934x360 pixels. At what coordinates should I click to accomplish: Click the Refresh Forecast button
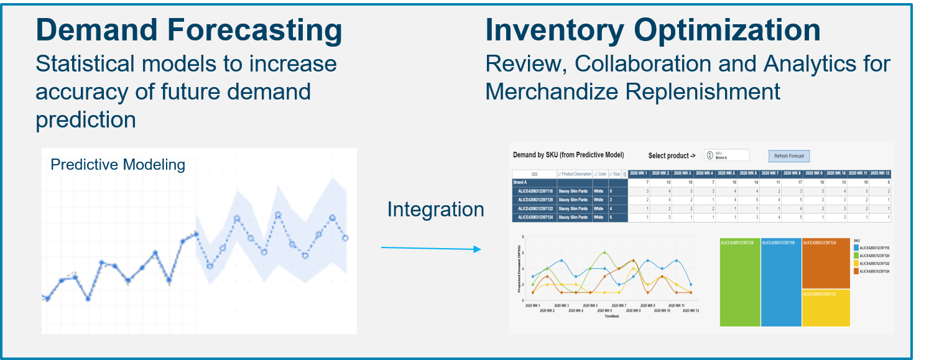tap(788, 156)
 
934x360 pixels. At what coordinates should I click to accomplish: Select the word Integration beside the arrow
tap(435, 210)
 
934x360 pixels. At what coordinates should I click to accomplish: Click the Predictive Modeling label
tap(118, 165)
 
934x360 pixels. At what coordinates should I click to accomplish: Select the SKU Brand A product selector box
tap(726, 155)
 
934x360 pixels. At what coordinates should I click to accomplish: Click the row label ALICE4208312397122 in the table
tap(534, 210)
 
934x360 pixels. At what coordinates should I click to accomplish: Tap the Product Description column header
tap(575, 173)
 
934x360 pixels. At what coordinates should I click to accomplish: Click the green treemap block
tap(739, 282)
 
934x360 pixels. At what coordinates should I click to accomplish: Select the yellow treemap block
tap(825, 308)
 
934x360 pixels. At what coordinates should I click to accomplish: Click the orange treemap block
tap(825, 264)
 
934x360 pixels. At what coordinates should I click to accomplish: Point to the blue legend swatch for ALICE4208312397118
tap(856, 247)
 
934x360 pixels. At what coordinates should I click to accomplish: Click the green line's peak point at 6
tap(604, 252)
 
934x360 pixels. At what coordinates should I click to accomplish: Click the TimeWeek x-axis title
tap(611, 316)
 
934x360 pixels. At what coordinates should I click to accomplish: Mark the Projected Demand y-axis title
tap(518, 269)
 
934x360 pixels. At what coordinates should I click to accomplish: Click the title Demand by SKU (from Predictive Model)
tap(568, 155)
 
